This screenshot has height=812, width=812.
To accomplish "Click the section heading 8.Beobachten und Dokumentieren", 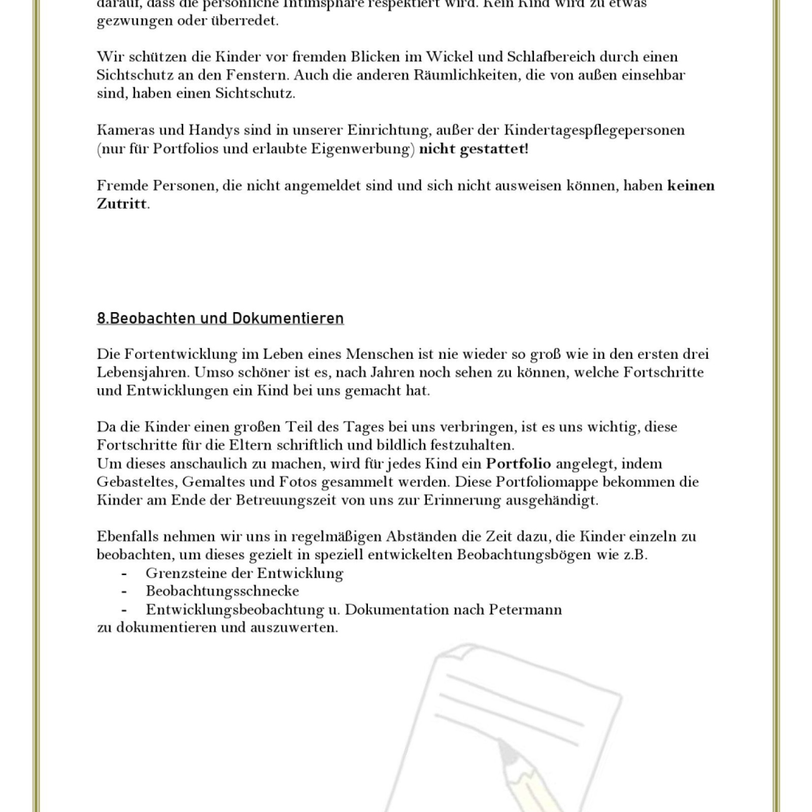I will point(220,318).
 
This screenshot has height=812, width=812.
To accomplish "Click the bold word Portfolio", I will point(518,463).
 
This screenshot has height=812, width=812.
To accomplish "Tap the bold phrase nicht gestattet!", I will point(473,149).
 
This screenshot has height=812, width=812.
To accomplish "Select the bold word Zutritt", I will point(122,204).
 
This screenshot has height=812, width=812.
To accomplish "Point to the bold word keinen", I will point(691,185).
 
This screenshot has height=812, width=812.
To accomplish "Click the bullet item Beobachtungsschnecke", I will point(222,591).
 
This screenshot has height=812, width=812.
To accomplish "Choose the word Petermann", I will point(525,609).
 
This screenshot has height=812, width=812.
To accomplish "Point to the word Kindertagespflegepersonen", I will point(594,130).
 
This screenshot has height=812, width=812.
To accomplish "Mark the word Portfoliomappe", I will point(547,482).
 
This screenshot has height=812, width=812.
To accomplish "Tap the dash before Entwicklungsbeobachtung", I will point(124,610).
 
